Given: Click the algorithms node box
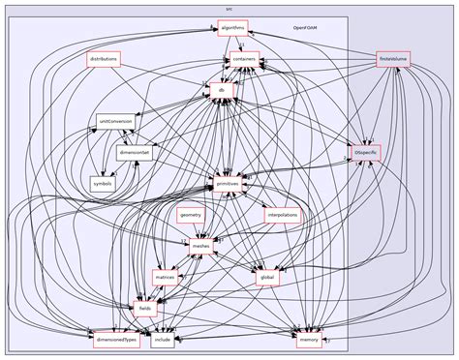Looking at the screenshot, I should [x=232, y=27].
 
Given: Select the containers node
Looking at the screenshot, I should [x=243, y=59].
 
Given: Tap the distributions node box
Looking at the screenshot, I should [x=104, y=59].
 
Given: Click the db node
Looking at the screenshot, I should [x=222, y=90].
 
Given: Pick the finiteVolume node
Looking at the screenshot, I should [x=395, y=59].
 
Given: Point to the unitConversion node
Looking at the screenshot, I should [x=115, y=121].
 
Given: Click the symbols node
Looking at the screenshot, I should [x=103, y=183].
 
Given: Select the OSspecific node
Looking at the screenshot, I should [x=366, y=152].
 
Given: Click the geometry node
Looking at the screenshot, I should [x=190, y=214].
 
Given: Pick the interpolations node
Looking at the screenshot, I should [x=282, y=214].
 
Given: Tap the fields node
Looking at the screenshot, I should [x=145, y=309].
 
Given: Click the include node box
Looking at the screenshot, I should [x=163, y=341].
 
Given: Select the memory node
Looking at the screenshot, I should [x=308, y=341].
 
